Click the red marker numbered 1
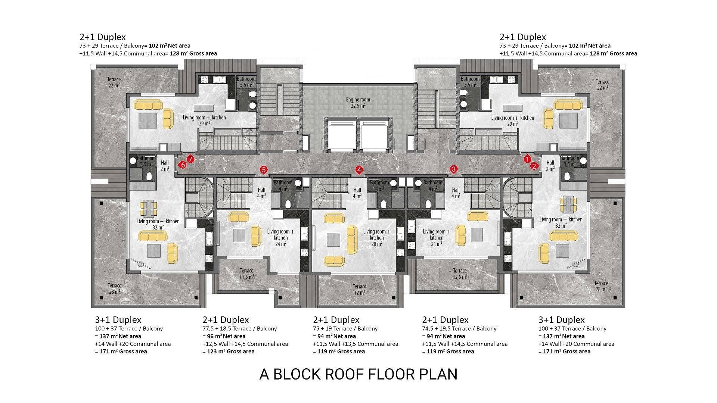tap(527, 159)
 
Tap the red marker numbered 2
tap(534, 166)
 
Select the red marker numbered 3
tap(454, 169)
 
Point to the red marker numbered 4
tap(359, 170)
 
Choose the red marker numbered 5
tap(264, 170)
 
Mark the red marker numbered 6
tap(183, 165)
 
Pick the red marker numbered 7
tap(190, 159)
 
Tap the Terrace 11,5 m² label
tap(246, 274)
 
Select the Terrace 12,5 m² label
tap(460, 274)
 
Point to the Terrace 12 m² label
tap(360, 290)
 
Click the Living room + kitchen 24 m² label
tap(280, 238)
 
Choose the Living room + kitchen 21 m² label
tap(437, 238)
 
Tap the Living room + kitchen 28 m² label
tap(377, 238)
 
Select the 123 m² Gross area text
tap(229, 352)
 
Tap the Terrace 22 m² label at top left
tap(114, 82)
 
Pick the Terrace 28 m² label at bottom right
tap(601, 286)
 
